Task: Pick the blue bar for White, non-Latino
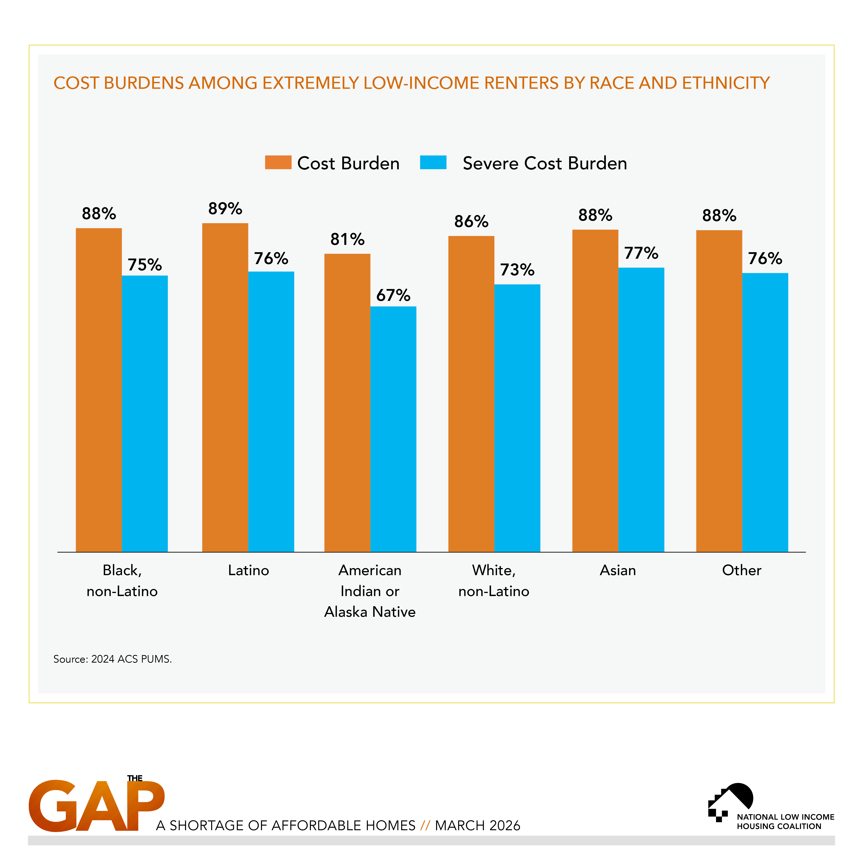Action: tap(517, 418)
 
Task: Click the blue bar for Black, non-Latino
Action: tap(145, 414)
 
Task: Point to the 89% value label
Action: tap(225, 209)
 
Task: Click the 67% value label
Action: tap(393, 295)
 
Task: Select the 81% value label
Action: tap(347, 239)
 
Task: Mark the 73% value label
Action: tap(517, 270)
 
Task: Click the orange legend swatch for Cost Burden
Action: tap(278, 163)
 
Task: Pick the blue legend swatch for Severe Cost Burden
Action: tap(433, 163)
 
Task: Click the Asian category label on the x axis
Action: tap(618, 570)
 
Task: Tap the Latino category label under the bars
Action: tap(248, 570)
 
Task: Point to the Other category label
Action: tap(741, 570)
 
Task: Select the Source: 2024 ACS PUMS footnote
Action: tap(113, 659)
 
